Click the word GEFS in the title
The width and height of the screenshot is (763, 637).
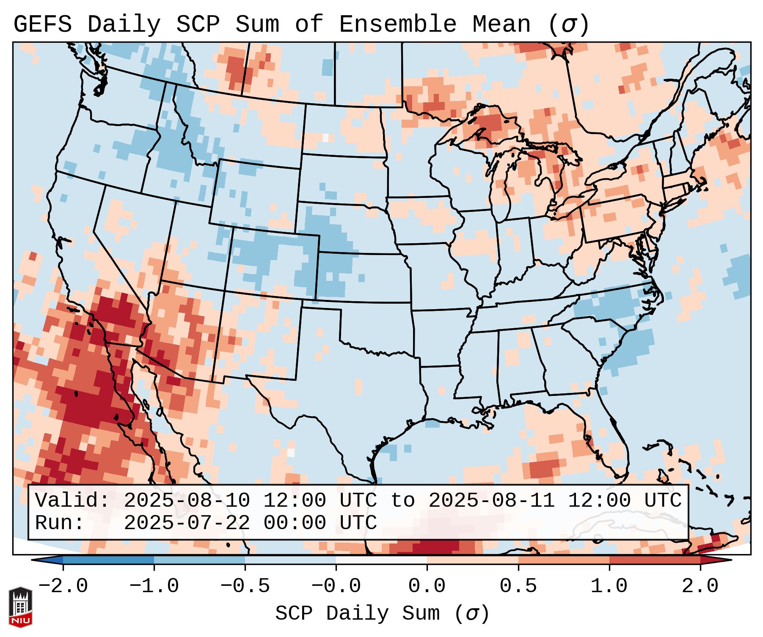pos(42,25)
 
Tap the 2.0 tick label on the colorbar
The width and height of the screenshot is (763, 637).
pos(700,586)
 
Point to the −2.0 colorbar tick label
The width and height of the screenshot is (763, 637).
pos(63,586)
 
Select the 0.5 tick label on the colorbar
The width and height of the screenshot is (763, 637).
pos(518,586)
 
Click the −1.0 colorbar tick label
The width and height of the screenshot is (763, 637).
pos(154,586)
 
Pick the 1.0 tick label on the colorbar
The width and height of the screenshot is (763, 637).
pos(609,586)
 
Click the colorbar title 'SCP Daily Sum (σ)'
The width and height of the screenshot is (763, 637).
pos(382,614)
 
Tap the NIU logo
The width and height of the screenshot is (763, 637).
pos(20,607)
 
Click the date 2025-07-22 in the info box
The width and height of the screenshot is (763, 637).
pos(187,523)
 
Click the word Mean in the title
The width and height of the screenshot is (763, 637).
pos(501,25)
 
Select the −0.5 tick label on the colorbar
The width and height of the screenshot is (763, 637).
pos(245,586)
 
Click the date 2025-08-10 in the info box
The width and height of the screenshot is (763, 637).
pos(187,500)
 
